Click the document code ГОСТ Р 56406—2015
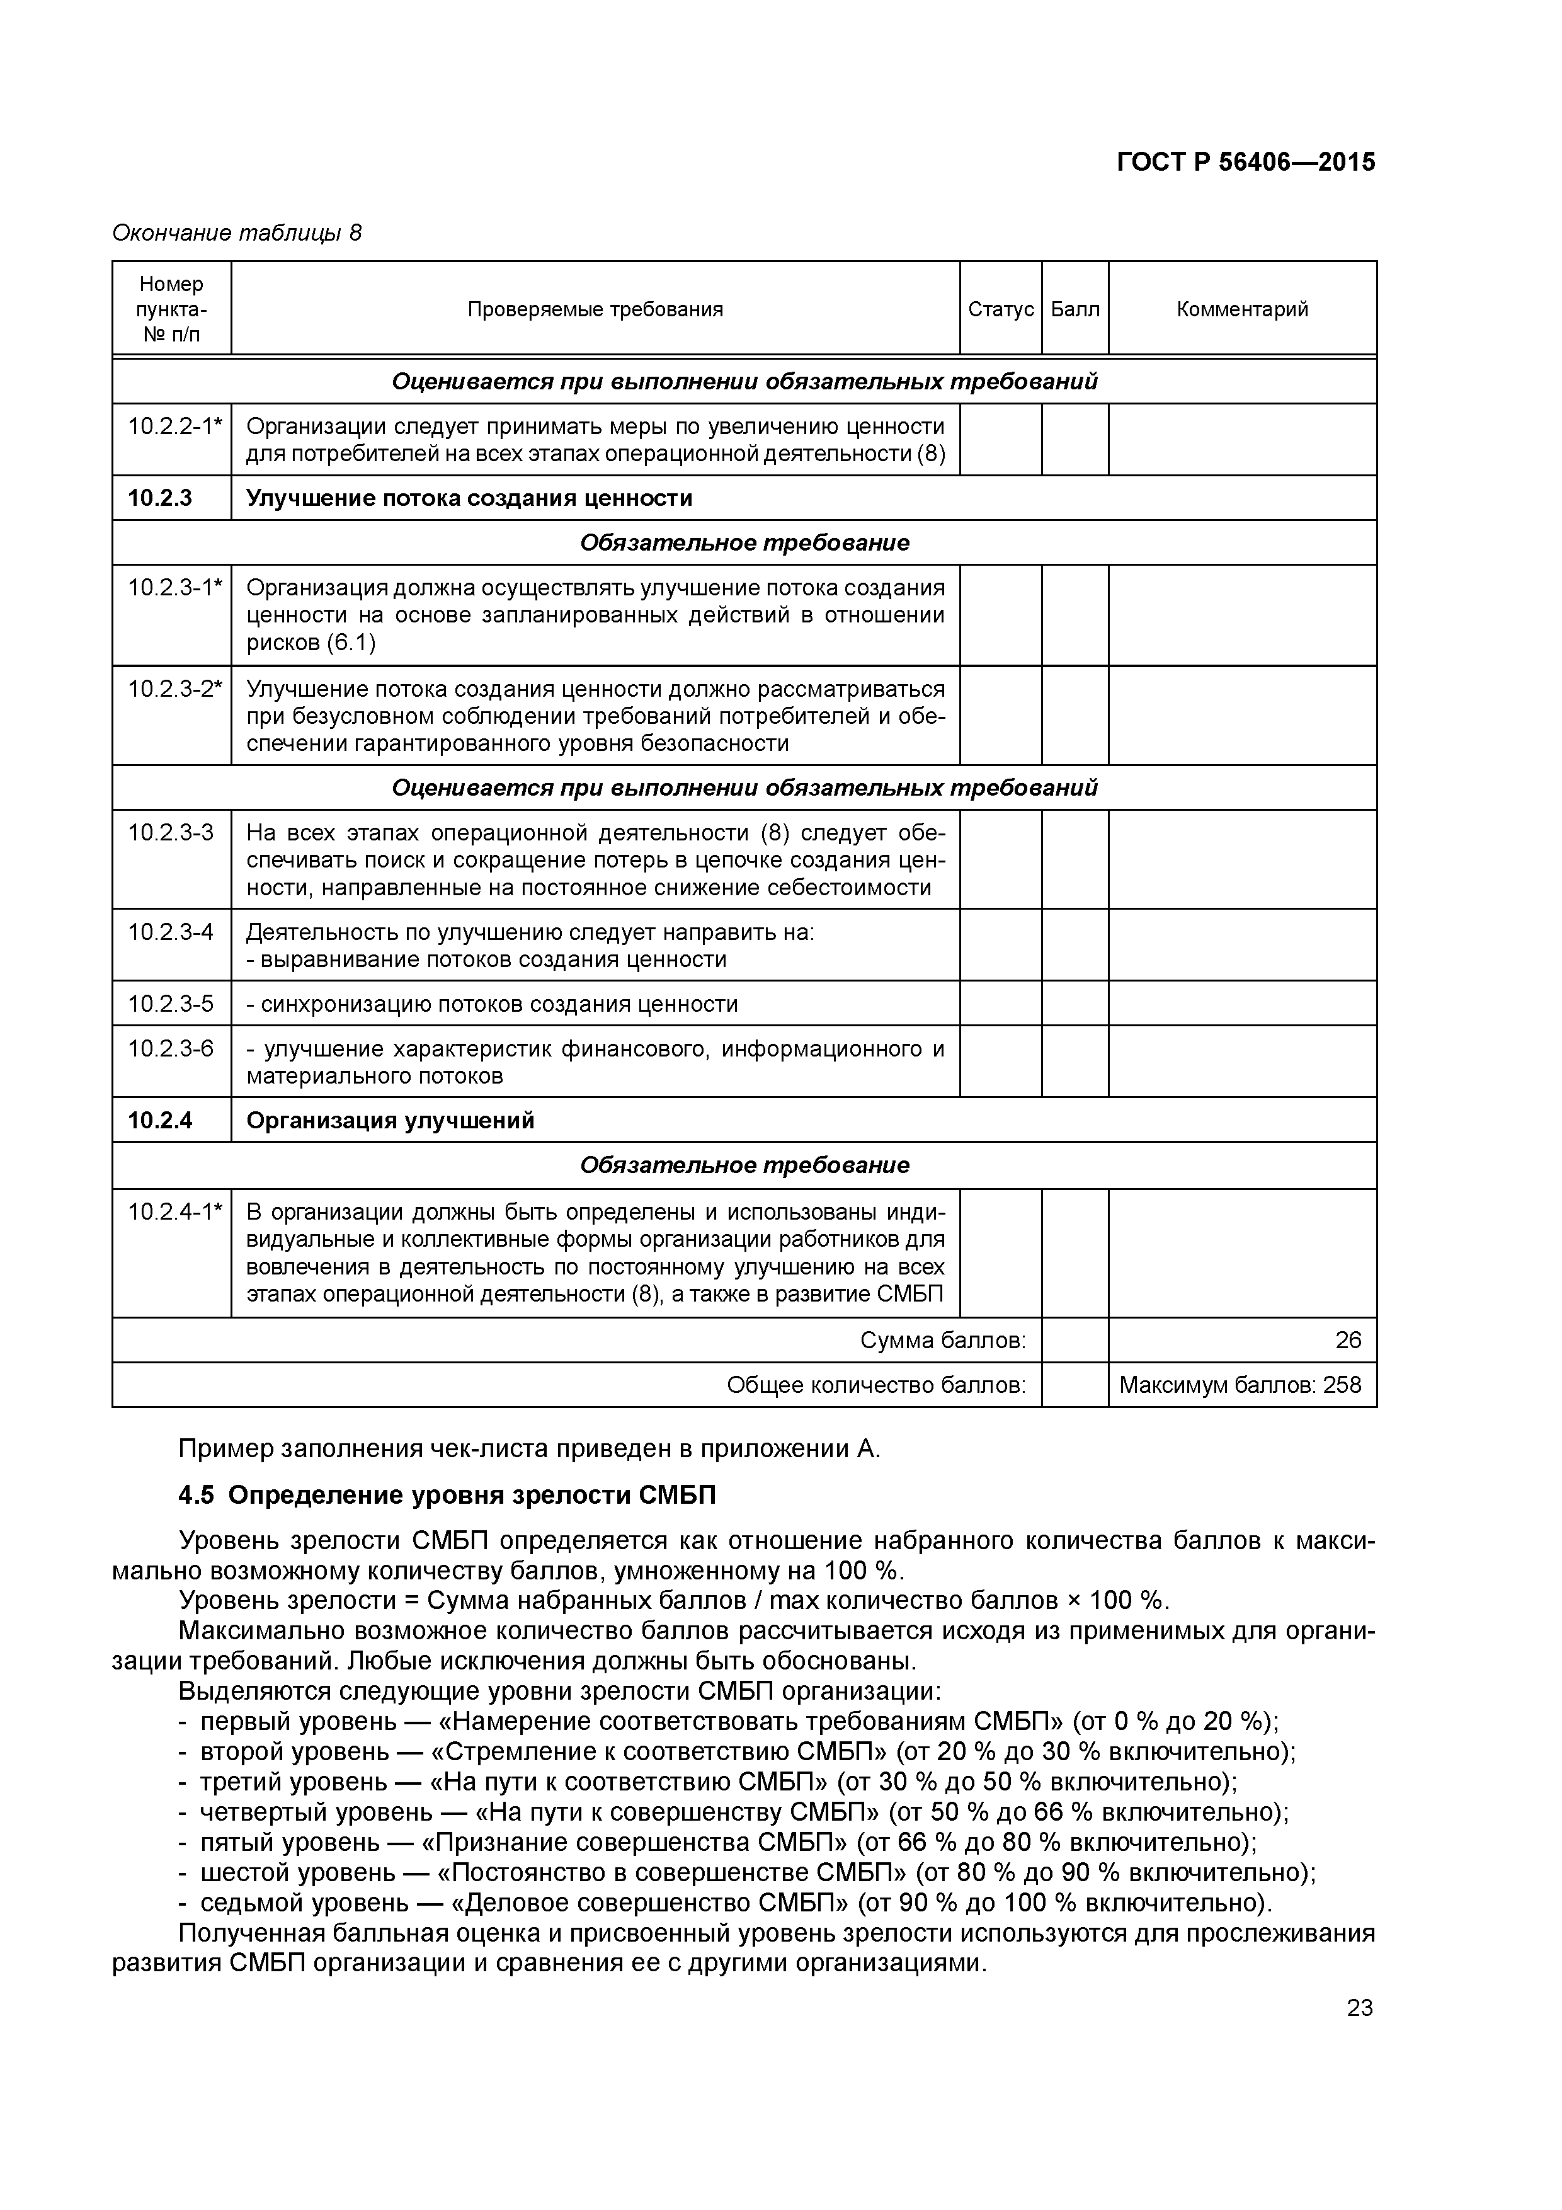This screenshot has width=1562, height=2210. pyautogui.click(x=1245, y=163)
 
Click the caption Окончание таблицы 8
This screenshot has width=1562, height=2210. pyautogui.click(x=237, y=233)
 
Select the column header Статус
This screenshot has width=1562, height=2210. pyautogui.click(x=1000, y=309)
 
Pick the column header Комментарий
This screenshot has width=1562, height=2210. pyautogui.click(x=1241, y=309)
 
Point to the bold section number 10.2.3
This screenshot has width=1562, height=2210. pyautogui.click(x=160, y=498)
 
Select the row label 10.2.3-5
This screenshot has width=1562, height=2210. pyautogui.click(x=170, y=1004)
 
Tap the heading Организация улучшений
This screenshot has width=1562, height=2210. pyautogui.click(x=390, y=1120)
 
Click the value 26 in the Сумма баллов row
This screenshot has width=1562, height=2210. pyautogui.click(x=1347, y=1340)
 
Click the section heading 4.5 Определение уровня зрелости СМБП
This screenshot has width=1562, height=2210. pyautogui.click(x=448, y=1495)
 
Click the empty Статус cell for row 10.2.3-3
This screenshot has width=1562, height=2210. pyautogui.click(x=1000, y=859)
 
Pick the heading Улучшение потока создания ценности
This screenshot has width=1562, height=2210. pyautogui.click(x=469, y=498)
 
